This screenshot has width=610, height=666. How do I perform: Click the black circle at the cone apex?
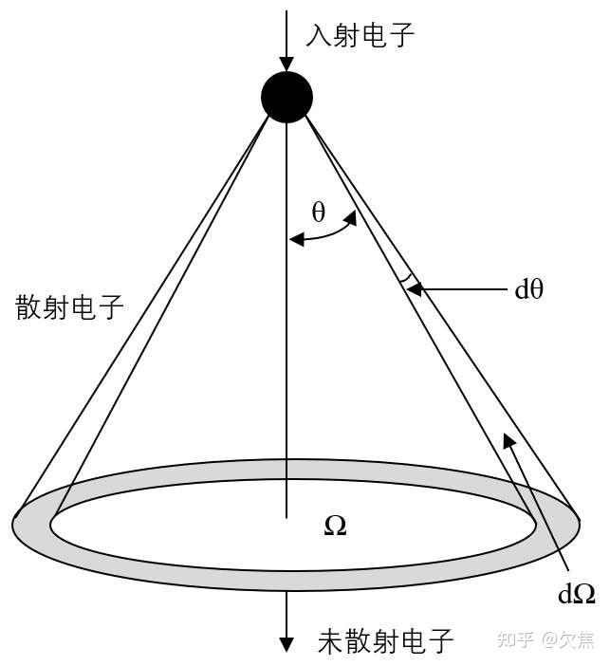[x=287, y=97]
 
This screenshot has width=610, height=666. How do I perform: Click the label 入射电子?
[x=360, y=36]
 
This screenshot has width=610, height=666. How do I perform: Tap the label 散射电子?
[x=69, y=307]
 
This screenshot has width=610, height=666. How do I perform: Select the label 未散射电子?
[x=385, y=642]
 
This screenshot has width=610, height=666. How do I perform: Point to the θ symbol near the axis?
[x=318, y=213]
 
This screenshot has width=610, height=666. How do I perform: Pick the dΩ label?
[x=577, y=594]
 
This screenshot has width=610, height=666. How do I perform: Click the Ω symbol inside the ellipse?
[x=335, y=526]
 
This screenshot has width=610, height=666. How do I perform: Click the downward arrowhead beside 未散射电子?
[x=287, y=644]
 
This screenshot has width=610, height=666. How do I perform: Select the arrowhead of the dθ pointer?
[x=416, y=288]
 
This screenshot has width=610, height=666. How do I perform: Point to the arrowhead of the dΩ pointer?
[x=508, y=438]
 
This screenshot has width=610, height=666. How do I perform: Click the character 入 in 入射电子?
[x=318, y=36]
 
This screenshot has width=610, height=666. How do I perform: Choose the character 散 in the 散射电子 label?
[x=28, y=307]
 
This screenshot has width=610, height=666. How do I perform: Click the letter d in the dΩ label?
[x=566, y=594]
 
